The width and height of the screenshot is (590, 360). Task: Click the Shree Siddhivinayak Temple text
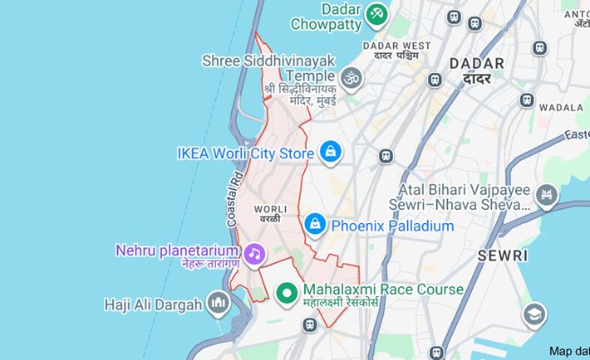tap(269, 68)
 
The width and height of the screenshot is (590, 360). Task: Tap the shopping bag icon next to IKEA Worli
tap(331, 151)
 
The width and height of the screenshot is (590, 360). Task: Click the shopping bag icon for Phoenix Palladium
tap(316, 222)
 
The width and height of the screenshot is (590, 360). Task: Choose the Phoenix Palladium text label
tap(393, 226)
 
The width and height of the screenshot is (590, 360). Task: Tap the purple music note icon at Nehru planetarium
tap(255, 254)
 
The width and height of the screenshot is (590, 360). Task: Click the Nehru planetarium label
tap(177, 249)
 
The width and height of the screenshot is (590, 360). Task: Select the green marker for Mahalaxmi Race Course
tap(287, 292)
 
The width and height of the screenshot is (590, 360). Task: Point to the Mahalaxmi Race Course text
tap(383, 290)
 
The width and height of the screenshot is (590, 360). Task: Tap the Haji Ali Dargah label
tap(153, 305)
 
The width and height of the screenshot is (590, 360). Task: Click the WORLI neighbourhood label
tap(271, 209)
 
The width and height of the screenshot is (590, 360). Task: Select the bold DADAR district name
tap(476, 63)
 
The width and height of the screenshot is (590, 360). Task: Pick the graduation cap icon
tap(534, 314)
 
